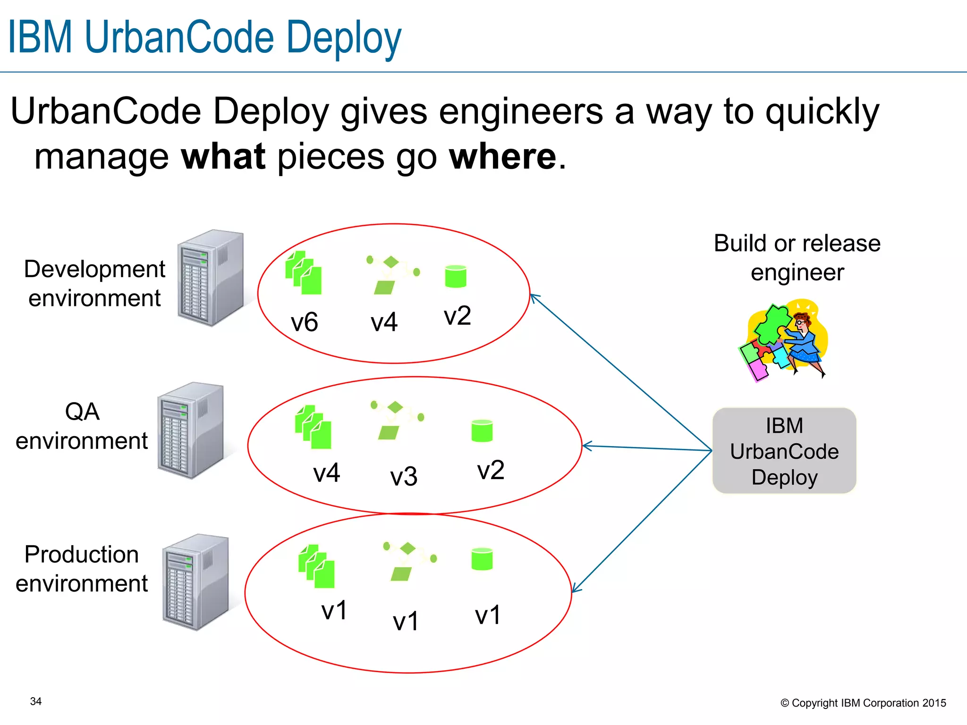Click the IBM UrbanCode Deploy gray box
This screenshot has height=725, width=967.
[x=784, y=451]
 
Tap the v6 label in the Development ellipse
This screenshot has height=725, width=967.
[x=305, y=322]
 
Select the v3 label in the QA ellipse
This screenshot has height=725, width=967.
[x=404, y=476]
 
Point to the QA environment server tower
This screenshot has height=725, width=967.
[x=190, y=430]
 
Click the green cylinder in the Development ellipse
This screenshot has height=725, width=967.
[x=456, y=277]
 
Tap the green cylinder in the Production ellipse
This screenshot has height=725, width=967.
[x=482, y=559]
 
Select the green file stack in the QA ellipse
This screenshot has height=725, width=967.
[x=313, y=427]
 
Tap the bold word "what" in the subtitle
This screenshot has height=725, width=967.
[x=223, y=157]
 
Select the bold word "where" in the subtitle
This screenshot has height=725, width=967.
[x=503, y=157]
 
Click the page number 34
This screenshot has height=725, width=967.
[x=36, y=701]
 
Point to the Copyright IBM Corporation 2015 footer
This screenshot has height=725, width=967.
[x=863, y=703]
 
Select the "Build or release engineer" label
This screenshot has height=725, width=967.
[x=797, y=258]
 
